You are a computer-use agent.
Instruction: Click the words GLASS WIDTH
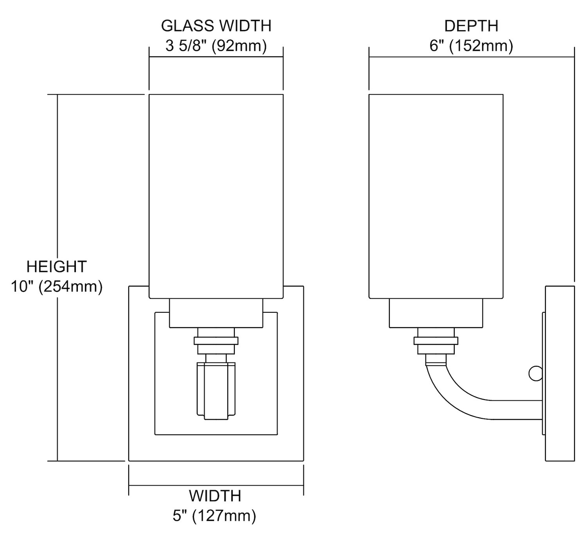click(216, 26)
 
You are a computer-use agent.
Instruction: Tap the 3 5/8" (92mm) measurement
click(216, 46)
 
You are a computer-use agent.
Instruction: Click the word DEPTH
click(471, 26)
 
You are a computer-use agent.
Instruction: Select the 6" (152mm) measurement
click(471, 46)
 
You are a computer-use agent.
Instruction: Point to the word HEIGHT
click(56, 267)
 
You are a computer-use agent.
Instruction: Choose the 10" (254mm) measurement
click(56, 286)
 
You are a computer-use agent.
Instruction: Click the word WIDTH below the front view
click(215, 496)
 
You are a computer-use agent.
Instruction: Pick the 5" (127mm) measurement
click(214, 516)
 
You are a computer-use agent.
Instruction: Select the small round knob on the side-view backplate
click(535, 373)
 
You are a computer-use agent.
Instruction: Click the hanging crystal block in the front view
click(216, 391)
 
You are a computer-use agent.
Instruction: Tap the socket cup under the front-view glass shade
click(216, 313)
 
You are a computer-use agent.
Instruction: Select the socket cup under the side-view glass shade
click(436, 313)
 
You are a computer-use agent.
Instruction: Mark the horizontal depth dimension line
click(471, 57)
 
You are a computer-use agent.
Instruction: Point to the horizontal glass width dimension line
click(216, 57)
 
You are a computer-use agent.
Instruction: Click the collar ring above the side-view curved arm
click(436, 340)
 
